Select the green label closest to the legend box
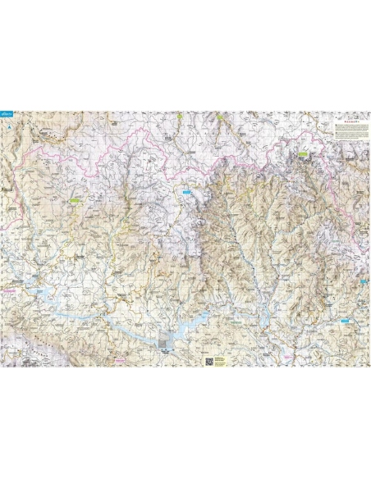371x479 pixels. pos(303,153)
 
